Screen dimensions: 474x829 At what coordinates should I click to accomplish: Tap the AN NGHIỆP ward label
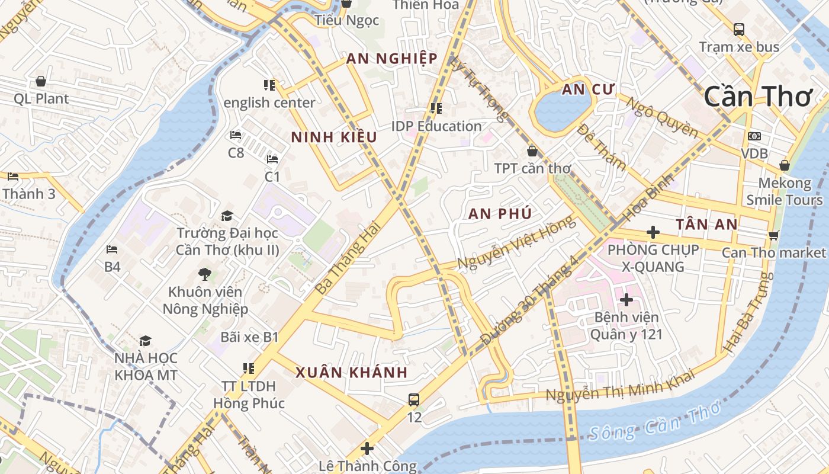(392, 58)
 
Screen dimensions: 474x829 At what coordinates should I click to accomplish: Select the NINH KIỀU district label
(334, 137)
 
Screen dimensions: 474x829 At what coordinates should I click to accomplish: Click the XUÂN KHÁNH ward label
(352, 373)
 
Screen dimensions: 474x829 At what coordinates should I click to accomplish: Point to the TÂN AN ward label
(707, 225)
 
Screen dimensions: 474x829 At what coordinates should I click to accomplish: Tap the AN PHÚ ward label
(500, 214)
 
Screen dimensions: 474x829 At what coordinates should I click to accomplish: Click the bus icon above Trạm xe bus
(738, 29)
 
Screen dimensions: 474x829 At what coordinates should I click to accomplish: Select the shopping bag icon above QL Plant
(41, 81)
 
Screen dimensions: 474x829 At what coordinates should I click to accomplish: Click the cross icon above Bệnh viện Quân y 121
(626, 300)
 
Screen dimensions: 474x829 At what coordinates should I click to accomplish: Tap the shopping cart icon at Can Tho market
(773, 235)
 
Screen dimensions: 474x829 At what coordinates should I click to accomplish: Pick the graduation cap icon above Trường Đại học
(227, 216)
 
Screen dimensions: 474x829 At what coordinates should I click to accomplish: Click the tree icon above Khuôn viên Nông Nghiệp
(205, 274)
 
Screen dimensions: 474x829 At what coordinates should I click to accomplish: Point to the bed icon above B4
(112, 249)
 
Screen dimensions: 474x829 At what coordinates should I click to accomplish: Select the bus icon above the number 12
(414, 400)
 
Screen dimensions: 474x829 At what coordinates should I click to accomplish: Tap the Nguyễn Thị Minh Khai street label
(620, 386)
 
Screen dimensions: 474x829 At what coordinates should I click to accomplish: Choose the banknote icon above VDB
(754, 136)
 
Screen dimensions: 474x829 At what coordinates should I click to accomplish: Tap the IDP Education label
(436, 126)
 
